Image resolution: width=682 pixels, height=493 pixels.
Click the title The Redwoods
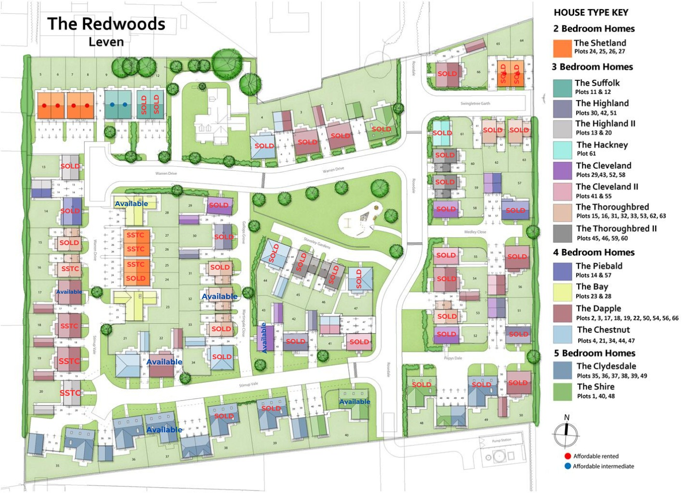[106, 24]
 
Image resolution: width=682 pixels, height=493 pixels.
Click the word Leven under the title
[106, 42]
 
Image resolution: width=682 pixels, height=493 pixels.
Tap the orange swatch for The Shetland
[562, 48]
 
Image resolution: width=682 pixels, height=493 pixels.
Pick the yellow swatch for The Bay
[562, 292]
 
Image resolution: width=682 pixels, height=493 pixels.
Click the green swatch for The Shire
[562, 391]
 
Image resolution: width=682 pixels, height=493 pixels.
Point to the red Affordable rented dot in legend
[568, 456]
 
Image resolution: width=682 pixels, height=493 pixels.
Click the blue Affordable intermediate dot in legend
[568, 466]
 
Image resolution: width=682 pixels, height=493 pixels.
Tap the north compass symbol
[566, 433]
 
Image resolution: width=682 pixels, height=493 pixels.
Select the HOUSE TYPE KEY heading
[591, 13]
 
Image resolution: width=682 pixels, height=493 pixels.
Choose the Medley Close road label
[475, 232]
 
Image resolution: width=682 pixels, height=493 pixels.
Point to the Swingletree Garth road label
[475, 104]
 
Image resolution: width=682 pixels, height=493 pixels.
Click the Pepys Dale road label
[453, 358]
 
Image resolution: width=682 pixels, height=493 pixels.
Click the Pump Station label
[501, 440]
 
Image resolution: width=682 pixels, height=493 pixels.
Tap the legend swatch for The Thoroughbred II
[562, 234]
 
